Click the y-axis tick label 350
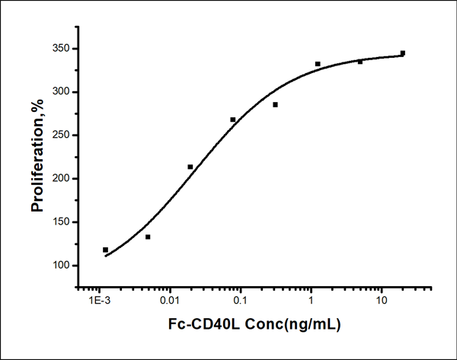[59, 49]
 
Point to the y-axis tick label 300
[59, 92]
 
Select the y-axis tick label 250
[59, 135]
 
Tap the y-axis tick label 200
[59, 179]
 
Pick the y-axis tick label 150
[59, 222]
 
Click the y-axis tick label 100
[59, 266]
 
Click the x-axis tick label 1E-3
[100, 301]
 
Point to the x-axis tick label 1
[312, 301]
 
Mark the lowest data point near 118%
[105, 250]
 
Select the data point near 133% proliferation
[148, 237]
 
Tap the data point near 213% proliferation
[190, 167]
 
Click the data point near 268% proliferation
[232, 119]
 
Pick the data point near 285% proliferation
[275, 104]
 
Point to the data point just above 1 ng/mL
[318, 64]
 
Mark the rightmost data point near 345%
[402, 53]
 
